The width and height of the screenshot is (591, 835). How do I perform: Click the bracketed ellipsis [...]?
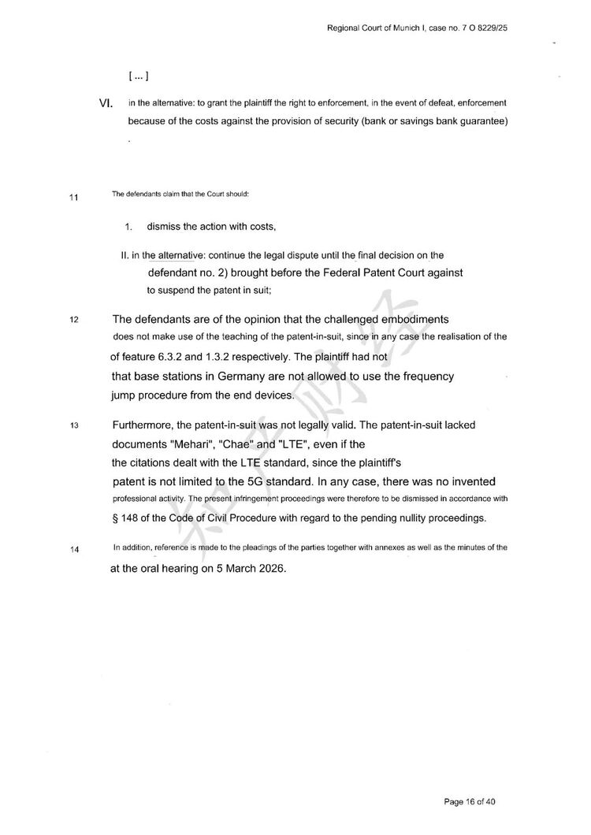coord(138,76)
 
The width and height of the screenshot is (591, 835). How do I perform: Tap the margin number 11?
coord(74,197)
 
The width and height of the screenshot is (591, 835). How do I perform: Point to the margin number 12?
coord(74,321)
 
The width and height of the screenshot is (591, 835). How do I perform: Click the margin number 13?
coord(74,426)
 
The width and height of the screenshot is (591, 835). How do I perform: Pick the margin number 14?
coord(74,550)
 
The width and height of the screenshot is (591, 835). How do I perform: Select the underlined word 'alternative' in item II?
coord(179,255)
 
